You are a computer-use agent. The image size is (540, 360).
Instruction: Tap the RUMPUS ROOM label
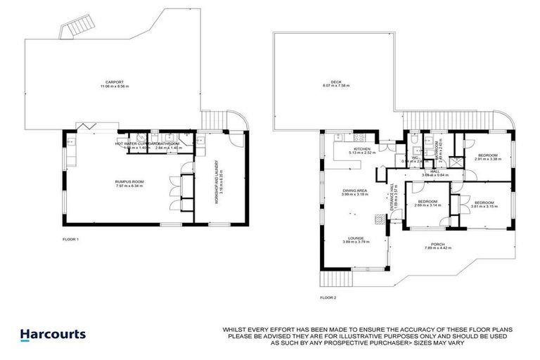129,184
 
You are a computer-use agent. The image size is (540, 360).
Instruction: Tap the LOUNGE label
354,240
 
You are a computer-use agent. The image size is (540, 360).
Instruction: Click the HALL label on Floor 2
435,172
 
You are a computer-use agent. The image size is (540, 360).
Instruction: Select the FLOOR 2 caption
328,298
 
